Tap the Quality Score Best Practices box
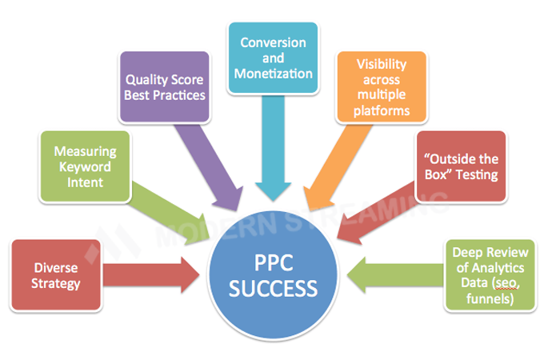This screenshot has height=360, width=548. pyautogui.click(x=164, y=87)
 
